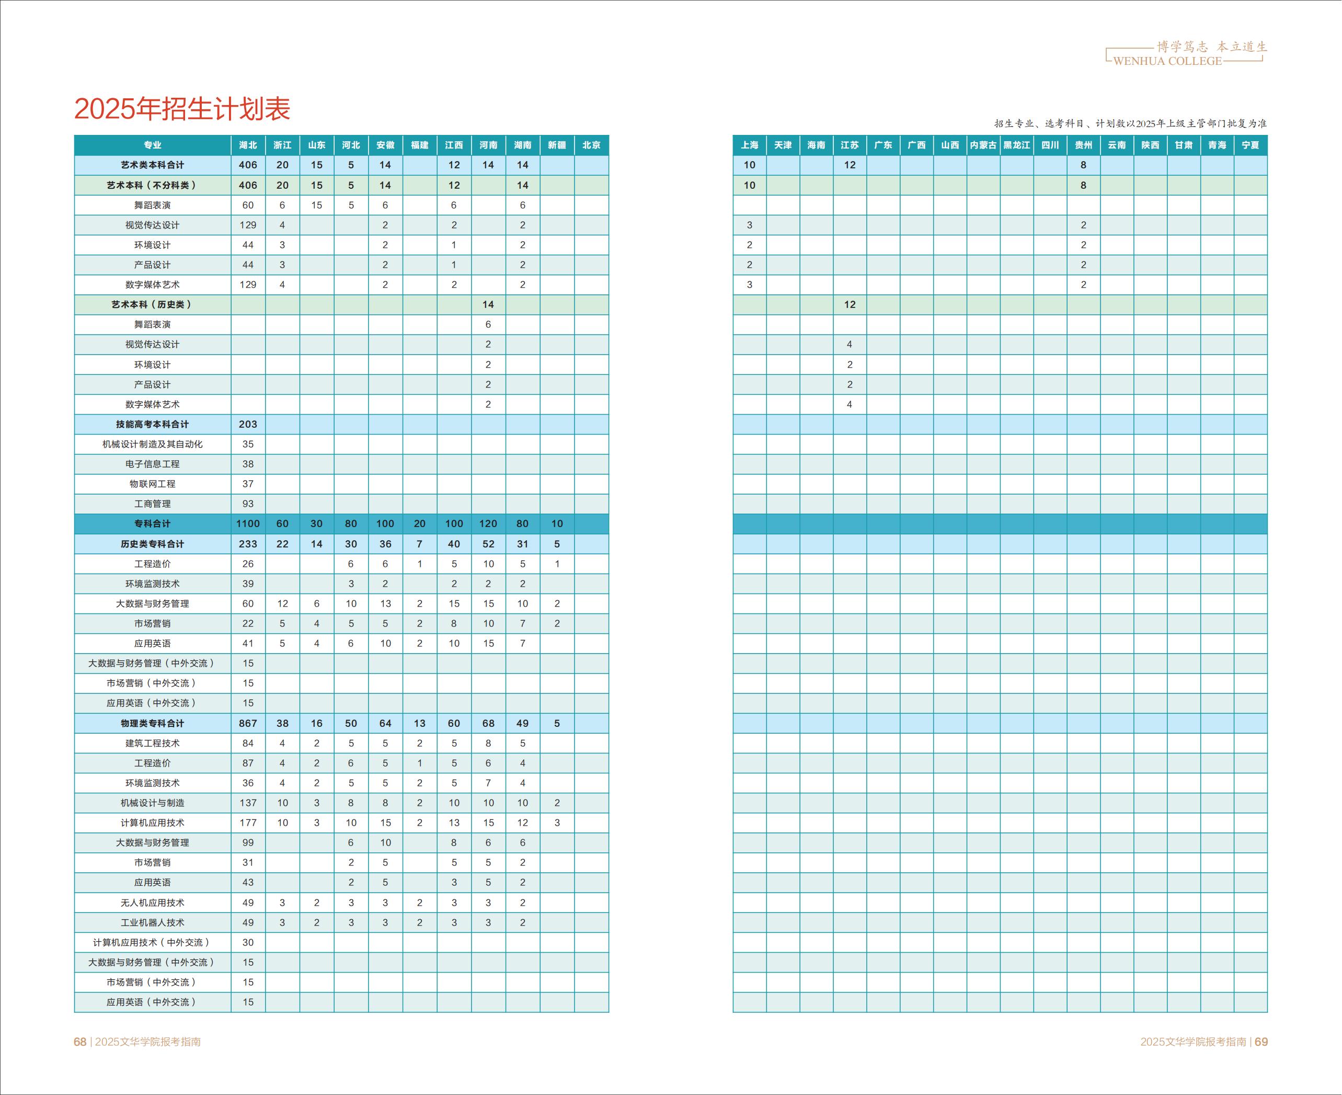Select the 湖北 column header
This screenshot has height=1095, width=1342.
pos(248,145)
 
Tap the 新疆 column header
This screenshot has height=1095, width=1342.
pos(557,145)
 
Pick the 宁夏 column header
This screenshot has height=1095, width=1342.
pos(1250,145)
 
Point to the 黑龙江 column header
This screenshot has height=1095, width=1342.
pos(1017,145)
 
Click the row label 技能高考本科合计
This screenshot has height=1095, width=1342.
pos(152,425)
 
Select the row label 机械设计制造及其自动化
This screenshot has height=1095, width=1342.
pos(152,444)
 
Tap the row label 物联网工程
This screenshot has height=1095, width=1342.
pos(152,484)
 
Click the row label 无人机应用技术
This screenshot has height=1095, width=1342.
pos(152,903)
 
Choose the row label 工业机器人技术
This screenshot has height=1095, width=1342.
pos(152,922)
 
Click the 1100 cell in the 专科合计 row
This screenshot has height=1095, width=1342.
pos(248,523)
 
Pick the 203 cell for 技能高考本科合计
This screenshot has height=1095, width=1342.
pos(248,425)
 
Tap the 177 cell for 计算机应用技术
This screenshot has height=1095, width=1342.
pos(248,823)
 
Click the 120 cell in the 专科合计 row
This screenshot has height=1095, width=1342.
pos(488,523)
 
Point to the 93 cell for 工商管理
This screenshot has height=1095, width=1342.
pos(248,504)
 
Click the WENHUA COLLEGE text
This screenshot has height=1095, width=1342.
pos(1167,61)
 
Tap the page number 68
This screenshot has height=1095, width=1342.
pos(80,1041)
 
